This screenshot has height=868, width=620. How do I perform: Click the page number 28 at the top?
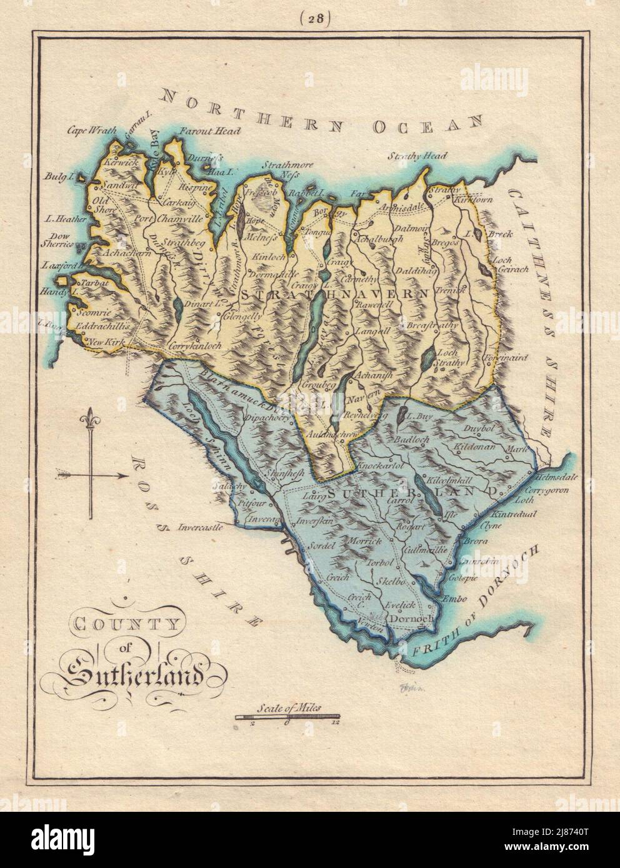[309, 18]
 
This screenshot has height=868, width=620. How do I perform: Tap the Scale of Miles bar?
[288, 717]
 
